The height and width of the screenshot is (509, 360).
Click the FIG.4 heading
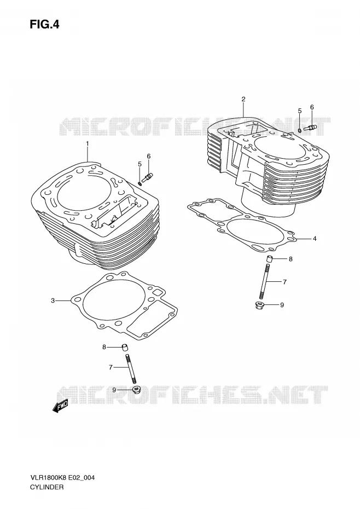tap(44, 25)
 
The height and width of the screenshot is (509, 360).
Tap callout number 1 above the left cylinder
tap(87, 143)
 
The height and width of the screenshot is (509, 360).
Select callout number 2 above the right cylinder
tap(243, 99)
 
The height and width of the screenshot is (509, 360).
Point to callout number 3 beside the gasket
tap(53, 300)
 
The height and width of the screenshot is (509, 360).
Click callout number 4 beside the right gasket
tap(314, 239)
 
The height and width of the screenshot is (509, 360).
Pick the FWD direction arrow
tap(60, 406)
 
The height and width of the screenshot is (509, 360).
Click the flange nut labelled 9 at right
tap(259, 305)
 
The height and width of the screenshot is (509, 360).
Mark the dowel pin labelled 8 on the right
tap(269, 259)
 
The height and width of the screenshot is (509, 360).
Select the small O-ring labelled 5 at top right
tap(299, 130)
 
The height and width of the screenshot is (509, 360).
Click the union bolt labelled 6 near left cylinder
tap(148, 177)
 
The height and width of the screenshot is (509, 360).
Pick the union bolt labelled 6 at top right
tap(310, 128)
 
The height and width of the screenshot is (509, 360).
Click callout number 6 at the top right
tap(312, 107)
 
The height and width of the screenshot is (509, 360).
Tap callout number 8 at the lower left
tap(104, 347)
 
